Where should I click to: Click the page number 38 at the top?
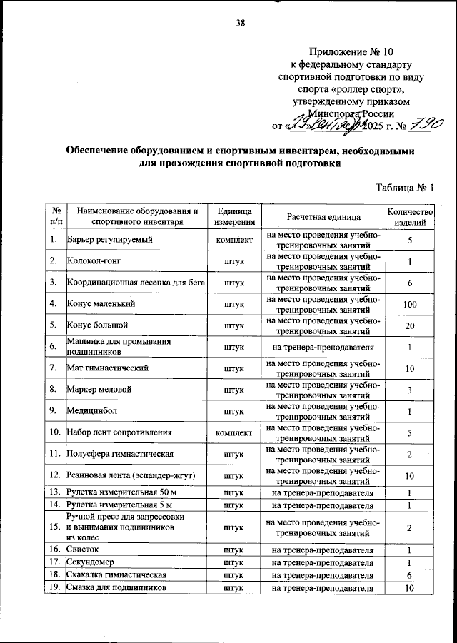(x=241, y=22)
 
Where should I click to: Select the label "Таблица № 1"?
(x=404, y=188)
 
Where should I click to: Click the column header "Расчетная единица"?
(x=323, y=216)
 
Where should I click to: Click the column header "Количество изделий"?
(x=410, y=216)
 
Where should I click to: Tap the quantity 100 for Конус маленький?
(x=410, y=305)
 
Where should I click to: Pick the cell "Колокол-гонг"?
(x=94, y=262)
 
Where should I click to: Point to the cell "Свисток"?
(x=82, y=551)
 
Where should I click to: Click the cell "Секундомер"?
(x=89, y=563)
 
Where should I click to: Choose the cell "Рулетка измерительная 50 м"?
(x=118, y=492)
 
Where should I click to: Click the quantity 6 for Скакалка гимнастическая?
(x=410, y=575)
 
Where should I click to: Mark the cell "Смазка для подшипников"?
(x=117, y=588)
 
